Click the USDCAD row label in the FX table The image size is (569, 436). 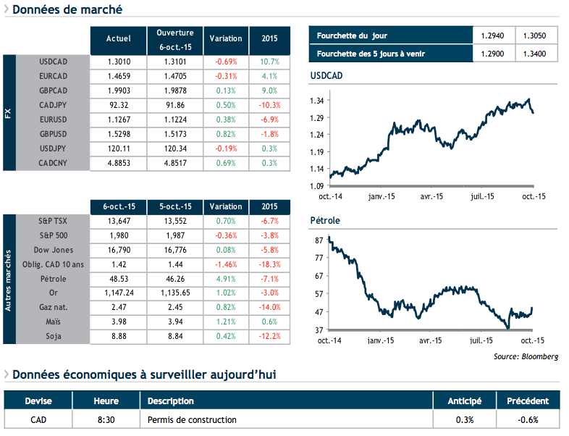[54, 61]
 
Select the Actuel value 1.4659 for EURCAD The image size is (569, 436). [118, 75]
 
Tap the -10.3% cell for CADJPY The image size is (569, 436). [269, 104]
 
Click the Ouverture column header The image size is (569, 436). [174, 39]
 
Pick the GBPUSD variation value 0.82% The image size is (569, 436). [225, 134]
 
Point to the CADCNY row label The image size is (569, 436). [54, 163]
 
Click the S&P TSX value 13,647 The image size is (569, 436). [118, 221]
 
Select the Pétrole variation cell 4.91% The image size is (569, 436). [225, 279]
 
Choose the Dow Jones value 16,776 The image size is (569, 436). [174, 250]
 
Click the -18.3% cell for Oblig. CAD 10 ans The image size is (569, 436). [269, 264]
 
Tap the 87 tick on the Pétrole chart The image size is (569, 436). [319, 240]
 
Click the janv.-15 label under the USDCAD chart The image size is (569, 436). [380, 196]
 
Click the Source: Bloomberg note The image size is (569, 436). [526, 356]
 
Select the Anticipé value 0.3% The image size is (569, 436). [465, 419]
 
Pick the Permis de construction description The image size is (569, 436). [192, 419]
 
